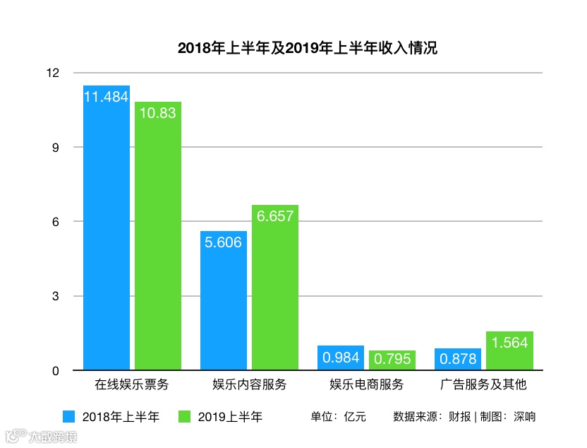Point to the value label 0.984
(341, 358)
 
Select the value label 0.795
(392, 359)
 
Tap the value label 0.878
(458, 359)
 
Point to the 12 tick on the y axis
(56, 73)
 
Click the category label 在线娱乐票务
(132, 386)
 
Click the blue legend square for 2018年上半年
(68, 416)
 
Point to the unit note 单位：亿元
(338, 417)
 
